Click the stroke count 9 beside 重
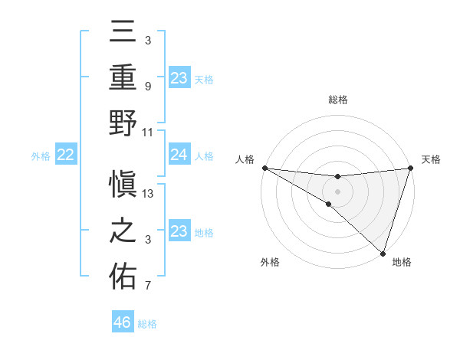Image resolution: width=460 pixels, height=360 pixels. [x=148, y=87]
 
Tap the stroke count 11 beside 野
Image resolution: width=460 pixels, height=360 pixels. [x=148, y=132]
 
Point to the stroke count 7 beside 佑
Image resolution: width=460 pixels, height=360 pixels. [x=148, y=286]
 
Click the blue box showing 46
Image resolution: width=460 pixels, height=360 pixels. [x=123, y=322]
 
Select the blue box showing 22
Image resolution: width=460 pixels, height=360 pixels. [x=66, y=155]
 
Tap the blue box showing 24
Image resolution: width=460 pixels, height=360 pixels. [x=179, y=155]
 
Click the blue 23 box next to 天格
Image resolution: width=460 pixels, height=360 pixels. [x=179, y=77]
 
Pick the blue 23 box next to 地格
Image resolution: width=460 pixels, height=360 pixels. [x=179, y=231]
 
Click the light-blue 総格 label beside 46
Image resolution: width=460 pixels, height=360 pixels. [x=147, y=324]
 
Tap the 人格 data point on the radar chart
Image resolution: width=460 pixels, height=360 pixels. [x=264, y=168]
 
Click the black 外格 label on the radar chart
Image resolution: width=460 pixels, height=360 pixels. [x=270, y=262]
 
